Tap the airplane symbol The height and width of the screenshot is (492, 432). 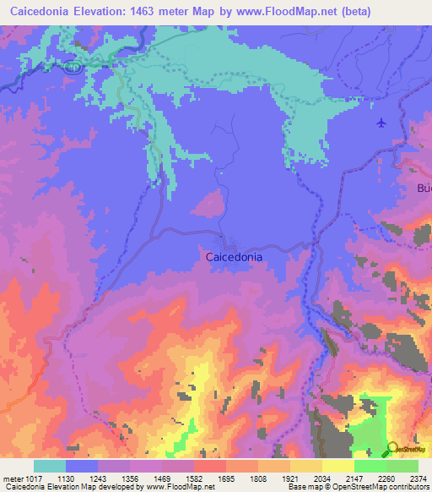point(381,123)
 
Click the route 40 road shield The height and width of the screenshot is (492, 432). point(73,66)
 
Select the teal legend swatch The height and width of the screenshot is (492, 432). point(49,466)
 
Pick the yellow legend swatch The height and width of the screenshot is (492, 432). point(337,466)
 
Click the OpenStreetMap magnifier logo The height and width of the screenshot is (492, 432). point(393,449)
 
